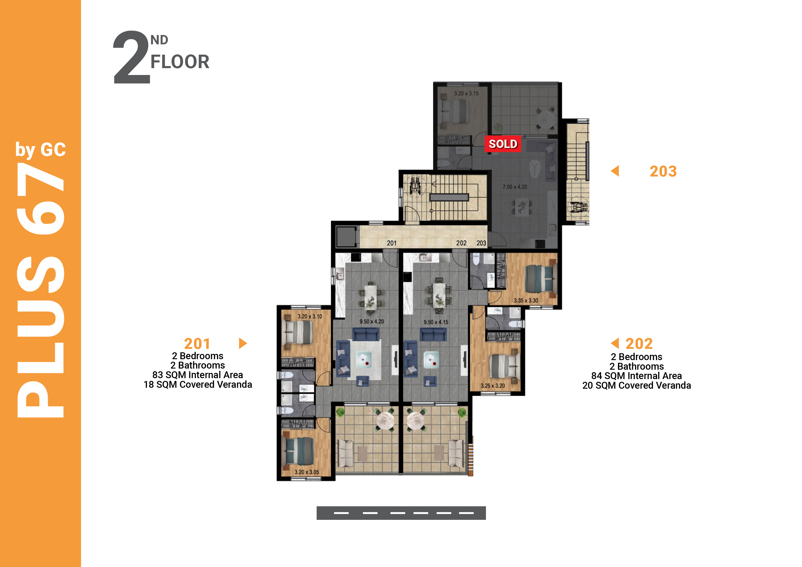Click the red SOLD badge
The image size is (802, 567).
click(x=503, y=144)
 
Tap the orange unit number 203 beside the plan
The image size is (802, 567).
click(x=663, y=171)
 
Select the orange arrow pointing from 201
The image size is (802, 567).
click(x=243, y=343)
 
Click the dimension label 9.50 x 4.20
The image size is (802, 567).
click(x=372, y=321)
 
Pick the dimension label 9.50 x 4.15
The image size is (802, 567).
click(x=436, y=322)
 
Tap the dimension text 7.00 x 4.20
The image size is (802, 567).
click(x=515, y=187)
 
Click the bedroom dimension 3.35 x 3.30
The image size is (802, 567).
click(x=526, y=300)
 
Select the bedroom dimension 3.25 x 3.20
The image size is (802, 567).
click(x=492, y=386)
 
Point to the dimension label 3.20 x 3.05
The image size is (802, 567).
click(x=307, y=472)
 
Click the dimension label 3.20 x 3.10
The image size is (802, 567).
click(x=310, y=316)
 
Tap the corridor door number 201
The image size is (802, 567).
click(x=392, y=243)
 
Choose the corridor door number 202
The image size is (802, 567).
click(x=461, y=243)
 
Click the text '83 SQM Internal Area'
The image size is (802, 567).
click(x=198, y=375)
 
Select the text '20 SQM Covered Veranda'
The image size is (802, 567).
click(x=636, y=385)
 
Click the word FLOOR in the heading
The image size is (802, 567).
click(x=180, y=62)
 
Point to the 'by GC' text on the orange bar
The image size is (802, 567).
click(x=40, y=150)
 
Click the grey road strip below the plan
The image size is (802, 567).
click(x=401, y=513)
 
